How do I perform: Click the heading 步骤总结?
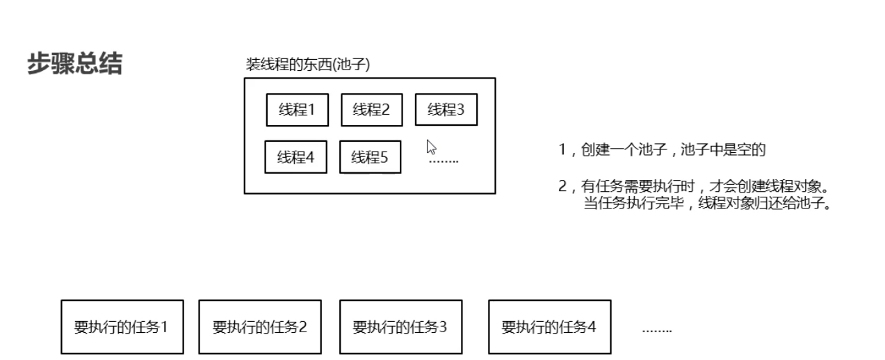74,65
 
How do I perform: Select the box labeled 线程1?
298,109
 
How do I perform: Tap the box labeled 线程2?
371,109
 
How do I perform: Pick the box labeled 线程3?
446,109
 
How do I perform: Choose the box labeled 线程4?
296,157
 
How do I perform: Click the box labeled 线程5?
370,157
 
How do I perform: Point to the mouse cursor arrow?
431,147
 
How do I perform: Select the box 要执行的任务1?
122,327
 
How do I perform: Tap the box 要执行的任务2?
260,327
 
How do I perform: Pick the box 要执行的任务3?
400,327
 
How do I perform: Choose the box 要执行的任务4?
549,327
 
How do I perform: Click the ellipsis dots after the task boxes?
656,329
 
